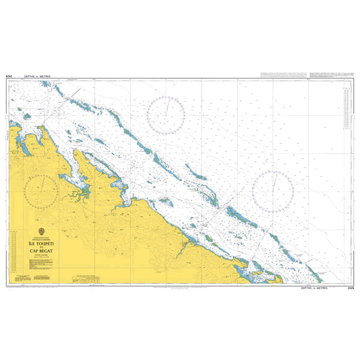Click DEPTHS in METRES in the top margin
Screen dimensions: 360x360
click(37, 76)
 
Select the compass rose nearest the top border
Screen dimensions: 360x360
click(167, 114)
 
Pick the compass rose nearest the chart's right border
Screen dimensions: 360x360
click(273, 191)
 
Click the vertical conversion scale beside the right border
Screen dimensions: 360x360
click(346, 108)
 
